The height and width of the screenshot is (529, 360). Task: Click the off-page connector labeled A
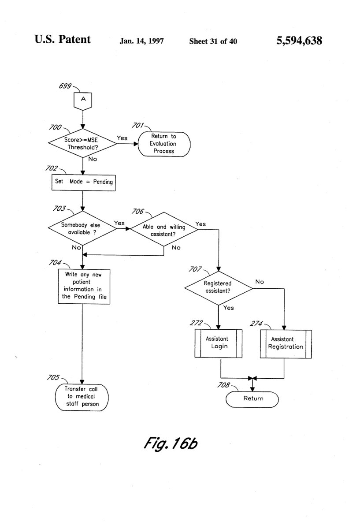83,101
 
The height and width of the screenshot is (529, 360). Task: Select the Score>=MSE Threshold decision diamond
83,143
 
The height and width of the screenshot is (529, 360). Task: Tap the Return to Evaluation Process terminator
164,144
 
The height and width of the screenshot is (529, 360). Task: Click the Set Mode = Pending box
84,183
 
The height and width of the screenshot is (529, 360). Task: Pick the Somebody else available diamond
82,228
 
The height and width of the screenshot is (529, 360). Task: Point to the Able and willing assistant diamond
164,229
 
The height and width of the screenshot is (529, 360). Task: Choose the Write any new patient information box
84,287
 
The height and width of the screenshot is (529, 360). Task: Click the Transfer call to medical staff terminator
82,398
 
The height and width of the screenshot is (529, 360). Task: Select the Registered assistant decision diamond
219,288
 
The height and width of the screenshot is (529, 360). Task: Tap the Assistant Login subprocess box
219,343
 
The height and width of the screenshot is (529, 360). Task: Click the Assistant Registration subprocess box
286,344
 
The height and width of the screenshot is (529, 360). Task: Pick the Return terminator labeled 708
252,399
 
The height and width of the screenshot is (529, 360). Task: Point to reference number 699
65,86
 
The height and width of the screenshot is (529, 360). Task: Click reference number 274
256,323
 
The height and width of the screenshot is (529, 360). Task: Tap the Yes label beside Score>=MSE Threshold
122,138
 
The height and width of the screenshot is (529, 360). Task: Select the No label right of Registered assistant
260,282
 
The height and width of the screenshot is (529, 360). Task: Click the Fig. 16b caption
171,443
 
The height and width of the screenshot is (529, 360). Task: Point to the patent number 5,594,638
299,41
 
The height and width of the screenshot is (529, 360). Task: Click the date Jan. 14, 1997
141,41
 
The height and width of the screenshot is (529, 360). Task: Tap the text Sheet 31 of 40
213,41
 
